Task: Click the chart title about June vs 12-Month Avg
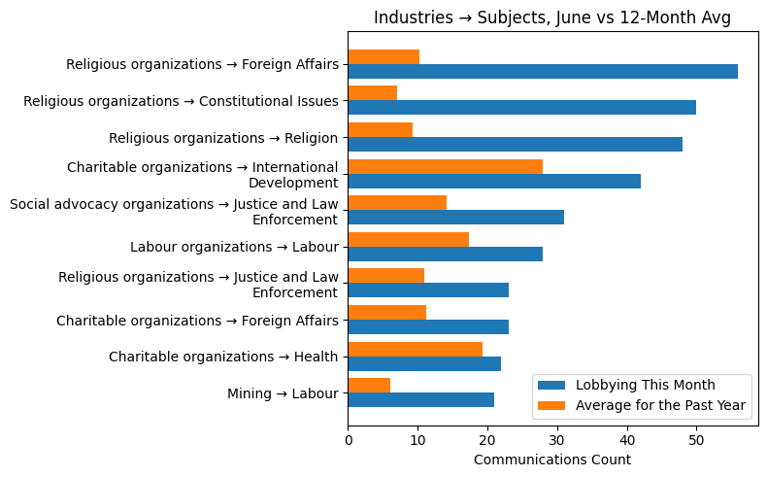coord(551,17)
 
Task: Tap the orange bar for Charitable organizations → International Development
coord(445,166)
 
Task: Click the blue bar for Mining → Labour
coord(420,400)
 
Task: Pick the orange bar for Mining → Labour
coord(369,386)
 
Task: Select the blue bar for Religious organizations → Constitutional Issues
coord(521,108)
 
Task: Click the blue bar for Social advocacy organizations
coord(455,218)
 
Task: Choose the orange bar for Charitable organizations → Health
coord(415,349)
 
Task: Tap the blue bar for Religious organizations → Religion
coord(515,145)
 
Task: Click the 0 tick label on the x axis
coord(349,439)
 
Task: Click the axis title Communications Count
coord(551,460)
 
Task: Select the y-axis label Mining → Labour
coord(283,393)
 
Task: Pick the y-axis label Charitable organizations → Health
coord(223,357)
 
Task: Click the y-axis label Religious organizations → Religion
coord(223,138)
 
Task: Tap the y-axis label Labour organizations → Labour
coord(234,247)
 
